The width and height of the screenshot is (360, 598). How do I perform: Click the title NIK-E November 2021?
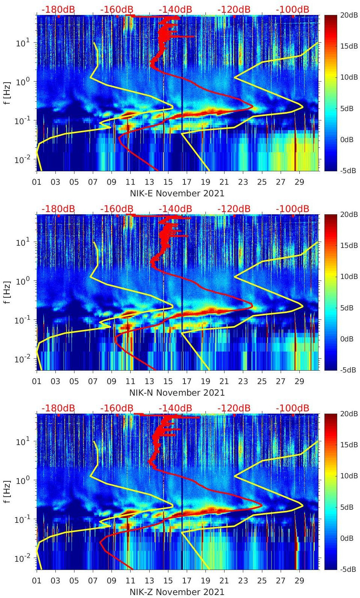pyautogui.click(x=177, y=193)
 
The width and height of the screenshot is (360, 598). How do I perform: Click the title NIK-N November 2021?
pyautogui.click(x=177, y=393)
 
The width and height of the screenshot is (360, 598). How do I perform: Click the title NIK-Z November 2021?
pyautogui.click(x=177, y=592)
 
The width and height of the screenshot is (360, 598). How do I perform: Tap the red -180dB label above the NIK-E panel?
pyautogui.click(x=58, y=9)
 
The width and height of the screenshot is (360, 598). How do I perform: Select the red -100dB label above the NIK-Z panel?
pyautogui.click(x=293, y=408)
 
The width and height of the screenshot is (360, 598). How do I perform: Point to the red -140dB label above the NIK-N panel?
pyautogui.click(x=176, y=209)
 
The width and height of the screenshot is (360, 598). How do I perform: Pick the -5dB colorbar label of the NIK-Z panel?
pyautogui.click(x=349, y=569)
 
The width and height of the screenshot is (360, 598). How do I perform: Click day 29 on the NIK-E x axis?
pyautogui.click(x=299, y=182)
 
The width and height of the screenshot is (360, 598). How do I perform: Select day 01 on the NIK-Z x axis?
pyautogui.click(x=37, y=581)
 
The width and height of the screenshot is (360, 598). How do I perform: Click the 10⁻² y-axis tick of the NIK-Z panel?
pyautogui.click(x=22, y=558)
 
